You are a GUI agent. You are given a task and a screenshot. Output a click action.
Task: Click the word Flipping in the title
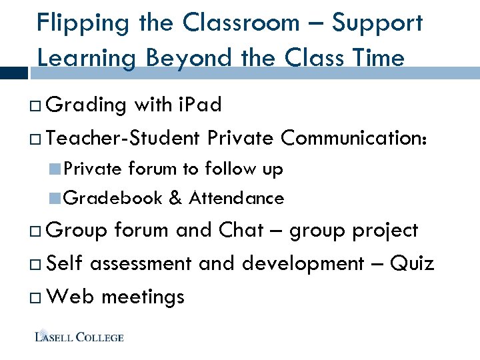tap(73, 23)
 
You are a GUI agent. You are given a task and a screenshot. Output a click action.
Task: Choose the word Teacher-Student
tap(124, 138)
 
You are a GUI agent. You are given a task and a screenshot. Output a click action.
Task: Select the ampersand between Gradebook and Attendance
tap(175, 198)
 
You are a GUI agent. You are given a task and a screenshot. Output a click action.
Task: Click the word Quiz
tap(412, 263)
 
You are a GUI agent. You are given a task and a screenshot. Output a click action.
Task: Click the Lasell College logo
tap(79, 336)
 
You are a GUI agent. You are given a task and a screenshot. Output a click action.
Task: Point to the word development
tap(303, 263)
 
